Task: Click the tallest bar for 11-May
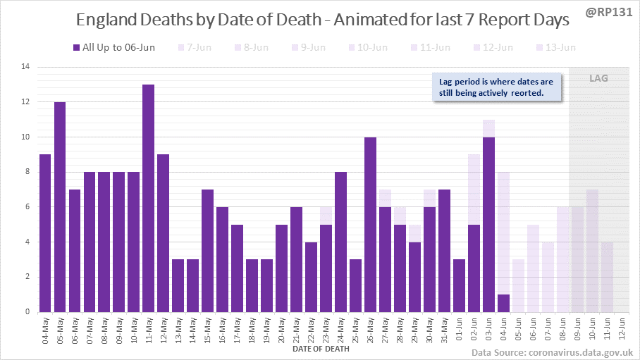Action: [x=148, y=198]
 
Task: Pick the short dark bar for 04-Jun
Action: [x=503, y=303]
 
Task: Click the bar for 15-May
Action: [x=207, y=250]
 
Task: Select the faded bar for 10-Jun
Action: [x=592, y=251]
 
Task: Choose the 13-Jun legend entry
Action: [x=556, y=48]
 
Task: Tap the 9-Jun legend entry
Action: [x=308, y=48]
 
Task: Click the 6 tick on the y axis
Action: [x=28, y=207]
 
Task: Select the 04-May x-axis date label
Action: [x=45, y=331]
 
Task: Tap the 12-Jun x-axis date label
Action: [x=622, y=331]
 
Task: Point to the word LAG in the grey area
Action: [x=598, y=78]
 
